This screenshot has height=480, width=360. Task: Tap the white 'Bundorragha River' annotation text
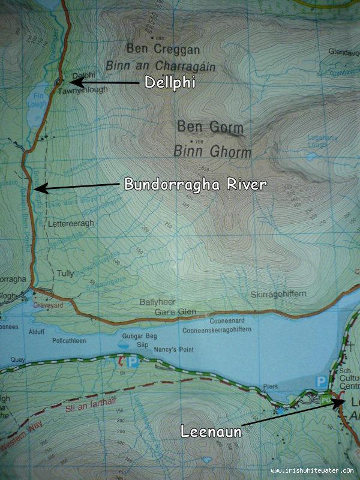(195, 184)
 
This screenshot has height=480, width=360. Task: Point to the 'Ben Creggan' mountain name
(163, 49)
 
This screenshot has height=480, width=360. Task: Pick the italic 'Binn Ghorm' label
(212, 151)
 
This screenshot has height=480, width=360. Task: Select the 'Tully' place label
(65, 273)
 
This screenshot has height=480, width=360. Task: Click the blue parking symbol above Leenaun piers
(322, 381)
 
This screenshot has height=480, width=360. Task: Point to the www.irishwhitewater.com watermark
(312, 471)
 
